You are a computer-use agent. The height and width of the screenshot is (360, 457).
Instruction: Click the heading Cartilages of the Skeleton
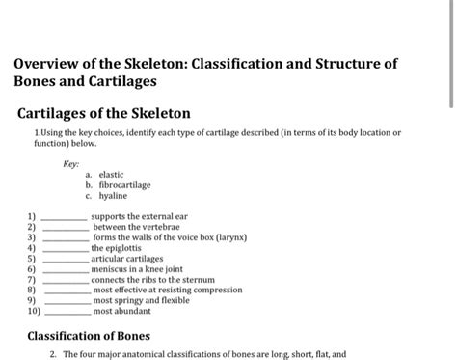click(x=104, y=113)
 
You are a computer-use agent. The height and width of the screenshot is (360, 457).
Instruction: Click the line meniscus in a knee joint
click(x=146, y=269)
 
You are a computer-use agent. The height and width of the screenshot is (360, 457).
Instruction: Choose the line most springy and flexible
click(x=141, y=301)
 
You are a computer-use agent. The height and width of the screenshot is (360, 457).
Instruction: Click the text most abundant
click(x=123, y=312)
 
